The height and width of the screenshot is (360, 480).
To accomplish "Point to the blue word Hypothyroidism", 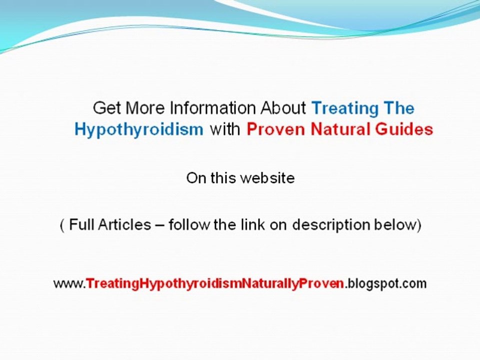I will (x=139, y=130).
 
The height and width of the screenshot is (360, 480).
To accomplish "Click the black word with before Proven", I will (x=225, y=130).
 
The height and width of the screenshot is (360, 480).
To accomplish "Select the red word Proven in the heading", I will (x=276, y=130).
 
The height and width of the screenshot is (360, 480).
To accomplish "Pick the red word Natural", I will (x=342, y=130).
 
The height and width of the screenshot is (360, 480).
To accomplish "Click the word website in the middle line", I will (x=267, y=178).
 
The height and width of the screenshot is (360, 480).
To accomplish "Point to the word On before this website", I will (x=195, y=178).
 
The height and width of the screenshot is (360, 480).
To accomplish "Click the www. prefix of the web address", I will (x=69, y=284).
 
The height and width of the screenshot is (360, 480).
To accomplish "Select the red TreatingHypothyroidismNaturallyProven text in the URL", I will (x=215, y=284).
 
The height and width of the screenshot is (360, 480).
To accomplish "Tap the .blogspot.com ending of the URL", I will (x=385, y=284).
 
